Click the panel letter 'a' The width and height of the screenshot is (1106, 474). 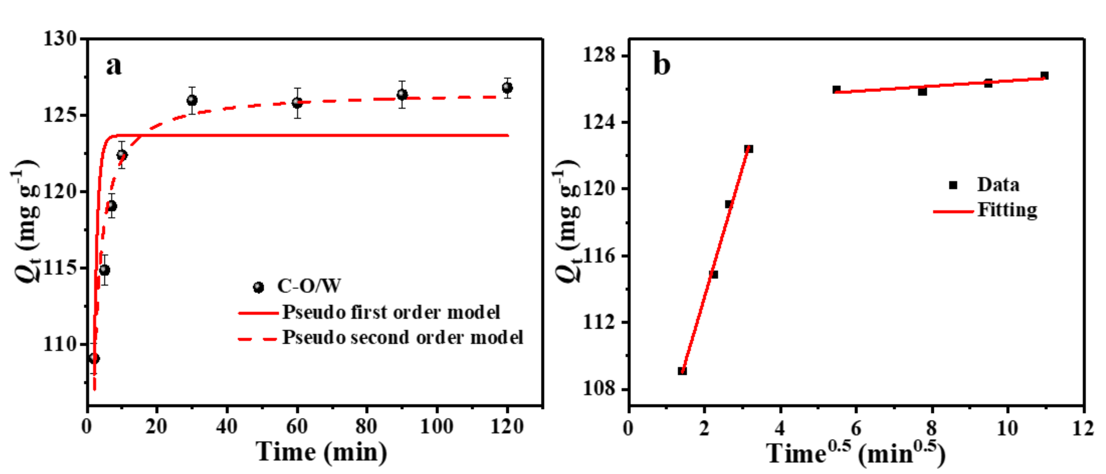coord(114,66)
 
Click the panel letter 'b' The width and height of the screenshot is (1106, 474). coord(661,64)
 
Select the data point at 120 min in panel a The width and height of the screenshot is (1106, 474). coord(507,88)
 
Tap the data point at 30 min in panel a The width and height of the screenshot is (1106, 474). coord(192,100)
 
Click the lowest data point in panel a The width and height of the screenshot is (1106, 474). coord(94,358)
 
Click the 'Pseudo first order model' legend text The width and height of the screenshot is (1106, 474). coord(391,312)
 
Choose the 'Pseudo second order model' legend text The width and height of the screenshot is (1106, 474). coord(402,338)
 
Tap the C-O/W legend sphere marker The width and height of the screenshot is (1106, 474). coord(258,287)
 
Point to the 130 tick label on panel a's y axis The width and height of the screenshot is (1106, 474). coord(60,39)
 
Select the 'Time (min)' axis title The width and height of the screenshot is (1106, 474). coord(321,452)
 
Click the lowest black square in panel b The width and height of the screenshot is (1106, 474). coord(682,370)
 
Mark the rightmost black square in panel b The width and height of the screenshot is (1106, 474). coord(1045,76)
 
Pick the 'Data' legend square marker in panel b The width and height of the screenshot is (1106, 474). coord(953,185)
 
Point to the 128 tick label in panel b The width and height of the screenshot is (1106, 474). coord(599,56)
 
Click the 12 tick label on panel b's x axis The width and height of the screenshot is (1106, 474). coord(1083,428)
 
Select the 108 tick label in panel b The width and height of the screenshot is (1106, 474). coord(599,389)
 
